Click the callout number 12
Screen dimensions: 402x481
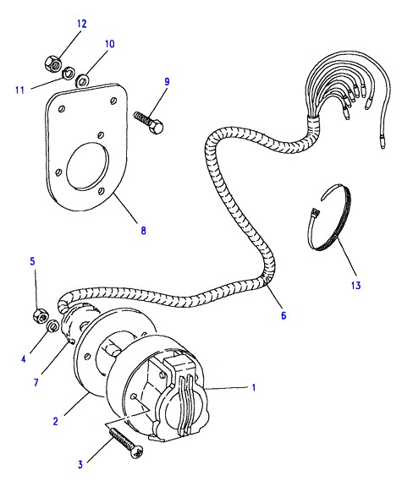click(x=82, y=24)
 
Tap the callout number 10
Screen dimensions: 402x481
click(x=110, y=44)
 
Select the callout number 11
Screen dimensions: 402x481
click(x=20, y=90)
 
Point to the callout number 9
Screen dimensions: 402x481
click(x=167, y=82)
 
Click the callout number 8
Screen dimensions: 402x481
click(x=143, y=231)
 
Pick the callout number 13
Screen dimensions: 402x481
click(x=356, y=285)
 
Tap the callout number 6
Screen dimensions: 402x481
click(x=284, y=315)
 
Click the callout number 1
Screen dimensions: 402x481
click(x=254, y=388)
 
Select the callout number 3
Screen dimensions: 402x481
click(x=80, y=464)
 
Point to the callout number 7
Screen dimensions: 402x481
click(x=36, y=382)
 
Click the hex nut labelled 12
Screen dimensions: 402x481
click(x=52, y=63)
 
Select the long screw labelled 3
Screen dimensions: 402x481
click(x=126, y=443)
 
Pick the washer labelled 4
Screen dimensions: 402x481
click(x=53, y=325)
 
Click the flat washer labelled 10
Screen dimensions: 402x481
click(x=82, y=80)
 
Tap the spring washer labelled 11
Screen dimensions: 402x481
click(x=67, y=74)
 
